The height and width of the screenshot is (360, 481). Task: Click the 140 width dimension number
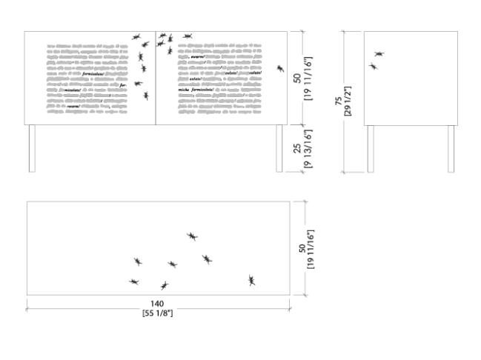click(x=158, y=304)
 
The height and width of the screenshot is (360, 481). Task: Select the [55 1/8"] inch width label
click(x=158, y=313)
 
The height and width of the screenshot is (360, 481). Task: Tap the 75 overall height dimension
click(x=337, y=101)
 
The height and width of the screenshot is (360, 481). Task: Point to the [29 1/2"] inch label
click(x=347, y=101)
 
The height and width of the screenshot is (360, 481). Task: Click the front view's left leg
click(x=31, y=148)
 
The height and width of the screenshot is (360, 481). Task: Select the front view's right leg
click(x=279, y=148)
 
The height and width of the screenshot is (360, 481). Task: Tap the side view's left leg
click(x=371, y=148)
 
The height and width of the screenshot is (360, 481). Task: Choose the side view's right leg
click(x=451, y=148)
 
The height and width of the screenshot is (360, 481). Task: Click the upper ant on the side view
click(x=379, y=54)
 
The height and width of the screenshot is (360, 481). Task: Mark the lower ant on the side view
click(x=373, y=67)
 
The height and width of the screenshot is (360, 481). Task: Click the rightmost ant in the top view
click(x=252, y=280)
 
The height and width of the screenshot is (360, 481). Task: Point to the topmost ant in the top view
click(x=192, y=236)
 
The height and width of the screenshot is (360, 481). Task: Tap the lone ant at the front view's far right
click(x=281, y=69)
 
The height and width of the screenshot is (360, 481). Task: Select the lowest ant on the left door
click(x=146, y=96)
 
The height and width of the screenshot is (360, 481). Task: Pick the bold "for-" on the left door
click(x=113, y=90)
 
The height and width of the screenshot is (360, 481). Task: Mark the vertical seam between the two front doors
click(x=156, y=78)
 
